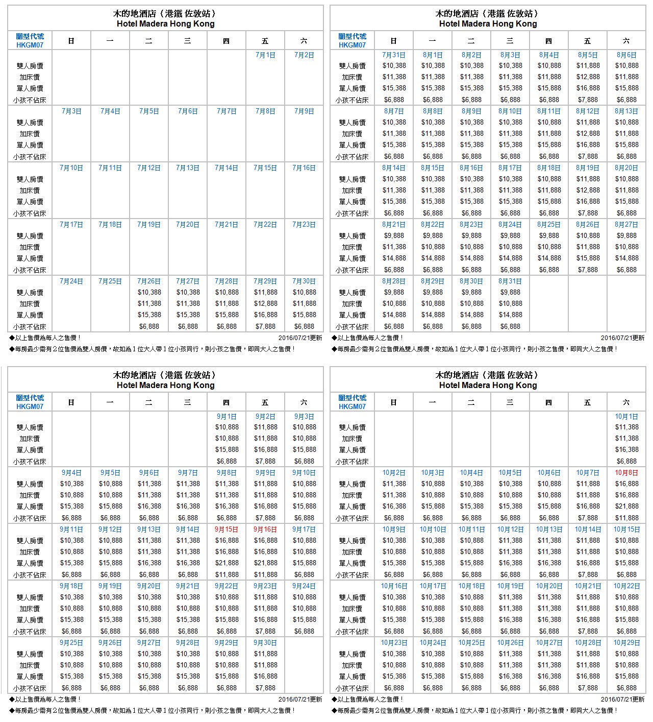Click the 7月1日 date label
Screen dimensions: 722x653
tap(265, 55)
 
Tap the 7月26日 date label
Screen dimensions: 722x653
tap(149, 281)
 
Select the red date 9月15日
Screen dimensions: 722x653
tap(227, 530)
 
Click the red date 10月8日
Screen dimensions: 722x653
tap(626, 473)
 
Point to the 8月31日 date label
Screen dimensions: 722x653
tap(510, 281)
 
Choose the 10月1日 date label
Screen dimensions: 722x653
tap(626, 417)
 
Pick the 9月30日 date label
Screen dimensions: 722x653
tap(265, 643)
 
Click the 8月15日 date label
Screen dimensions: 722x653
tap(433, 168)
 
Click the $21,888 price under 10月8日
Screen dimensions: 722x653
tap(626, 507)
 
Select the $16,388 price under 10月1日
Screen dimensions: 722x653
tap(626, 450)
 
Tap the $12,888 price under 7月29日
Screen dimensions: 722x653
tap(265, 304)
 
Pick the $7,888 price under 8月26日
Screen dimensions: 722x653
tap(588, 270)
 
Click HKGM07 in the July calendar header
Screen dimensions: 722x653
tap(30, 45)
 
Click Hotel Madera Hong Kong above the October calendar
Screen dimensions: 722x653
tap(488, 386)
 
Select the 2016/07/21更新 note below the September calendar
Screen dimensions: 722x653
tap(300, 700)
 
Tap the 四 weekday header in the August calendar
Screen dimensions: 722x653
tap(549, 41)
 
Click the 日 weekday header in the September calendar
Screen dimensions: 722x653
tap(71, 402)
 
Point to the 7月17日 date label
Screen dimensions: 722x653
tap(71, 225)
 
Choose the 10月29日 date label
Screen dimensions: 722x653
tap(626, 643)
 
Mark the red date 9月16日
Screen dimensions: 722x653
tap(265, 530)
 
